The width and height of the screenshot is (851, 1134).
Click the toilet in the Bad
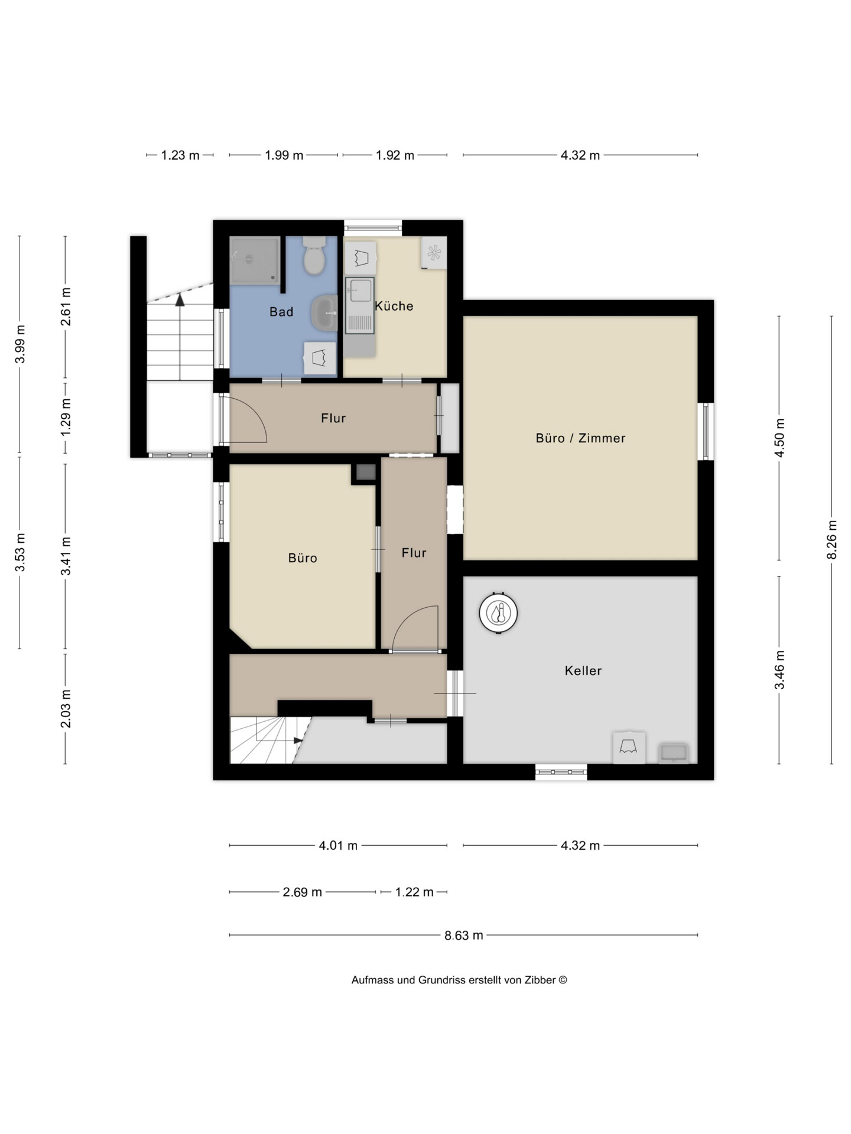coord(314,256)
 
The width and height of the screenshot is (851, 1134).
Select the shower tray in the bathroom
coord(255,260)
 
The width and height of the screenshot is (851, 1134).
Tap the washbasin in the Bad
coord(324,312)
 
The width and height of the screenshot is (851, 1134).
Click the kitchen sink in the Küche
coord(360,305)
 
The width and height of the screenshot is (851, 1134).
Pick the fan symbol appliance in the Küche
coord(434,253)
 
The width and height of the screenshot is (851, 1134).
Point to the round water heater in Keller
coord(498,613)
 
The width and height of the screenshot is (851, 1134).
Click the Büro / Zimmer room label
coord(580,438)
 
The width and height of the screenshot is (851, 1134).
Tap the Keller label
coord(583,670)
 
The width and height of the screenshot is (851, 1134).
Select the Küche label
coord(394,306)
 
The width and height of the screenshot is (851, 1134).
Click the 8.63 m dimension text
coord(464,935)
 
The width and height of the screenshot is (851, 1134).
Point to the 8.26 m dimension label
coord(832,539)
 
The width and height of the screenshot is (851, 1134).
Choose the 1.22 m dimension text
coord(414,892)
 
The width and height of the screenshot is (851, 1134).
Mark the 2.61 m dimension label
coord(66,307)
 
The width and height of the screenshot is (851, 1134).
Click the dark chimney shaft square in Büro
coord(366,472)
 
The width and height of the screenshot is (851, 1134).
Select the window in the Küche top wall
coord(373,228)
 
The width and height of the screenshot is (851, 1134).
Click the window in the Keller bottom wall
coord(561,772)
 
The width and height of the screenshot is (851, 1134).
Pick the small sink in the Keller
coord(674,752)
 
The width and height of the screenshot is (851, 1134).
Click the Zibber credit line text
coord(459,980)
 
